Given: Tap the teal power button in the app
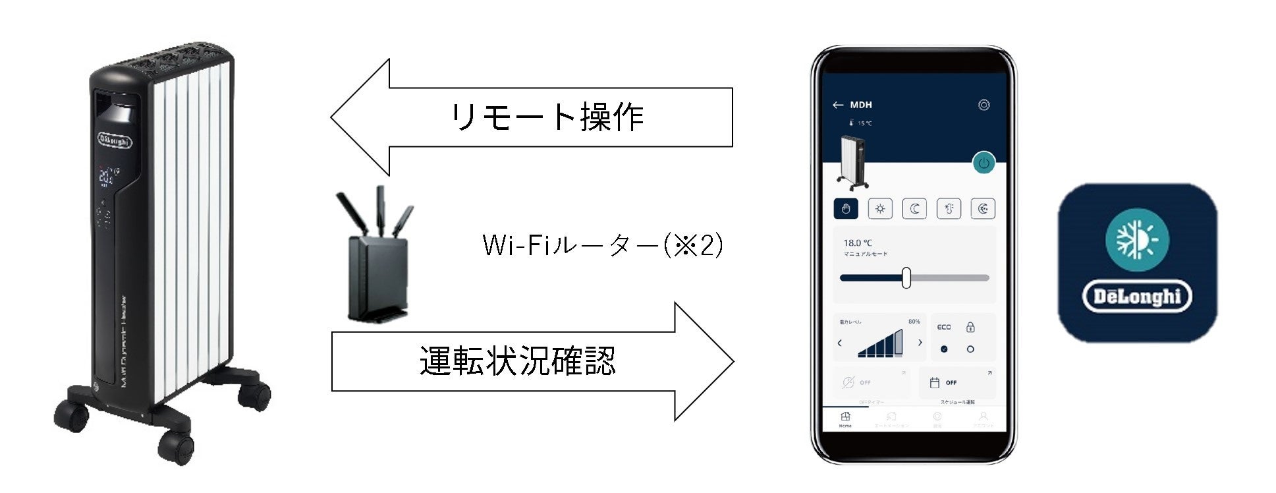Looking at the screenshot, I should point(984,163).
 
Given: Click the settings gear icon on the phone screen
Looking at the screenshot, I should point(984,105).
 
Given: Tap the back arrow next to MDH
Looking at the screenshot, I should point(838,105).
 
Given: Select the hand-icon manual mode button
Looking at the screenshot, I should point(846,209).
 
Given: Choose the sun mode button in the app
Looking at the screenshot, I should point(880,209).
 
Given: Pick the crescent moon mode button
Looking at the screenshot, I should point(914,209).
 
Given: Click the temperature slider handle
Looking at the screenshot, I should point(906,278).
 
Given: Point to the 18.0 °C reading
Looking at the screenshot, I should point(858,243).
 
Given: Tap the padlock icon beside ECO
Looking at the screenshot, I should point(970,327).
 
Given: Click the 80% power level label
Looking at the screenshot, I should point(914,322).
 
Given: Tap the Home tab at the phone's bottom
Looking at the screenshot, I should point(846,419).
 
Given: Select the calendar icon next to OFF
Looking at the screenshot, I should point(934,382).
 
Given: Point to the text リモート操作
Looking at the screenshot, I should point(547,117).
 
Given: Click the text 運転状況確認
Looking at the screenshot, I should point(518,361).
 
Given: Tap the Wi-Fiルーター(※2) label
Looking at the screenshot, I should point(603,246).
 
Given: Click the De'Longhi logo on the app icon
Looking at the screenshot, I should point(1137,297).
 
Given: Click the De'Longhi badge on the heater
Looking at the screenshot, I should point(115,140).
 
